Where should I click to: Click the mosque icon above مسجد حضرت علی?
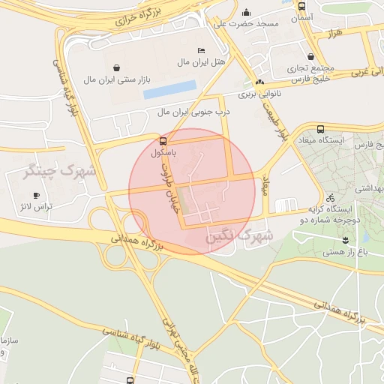[x=247, y=12]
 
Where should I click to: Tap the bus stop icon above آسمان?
[x=301, y=4]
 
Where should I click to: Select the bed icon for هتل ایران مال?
[x=200, y=50]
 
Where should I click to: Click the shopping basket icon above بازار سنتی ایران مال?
[x=115, y=57]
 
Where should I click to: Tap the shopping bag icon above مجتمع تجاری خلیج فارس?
[x=311, y=56]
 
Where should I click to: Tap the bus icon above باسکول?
[x=163, y=140]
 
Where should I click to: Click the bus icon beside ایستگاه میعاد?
[x=321, y=128]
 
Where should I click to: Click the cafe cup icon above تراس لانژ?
[x=36, y=195]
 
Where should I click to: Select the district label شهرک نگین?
[x=240, y=235]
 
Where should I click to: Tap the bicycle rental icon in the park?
[x=331, y=198]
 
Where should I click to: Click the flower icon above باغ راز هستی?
[x=344, y=240]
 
